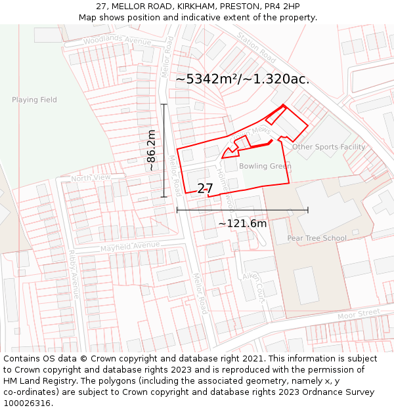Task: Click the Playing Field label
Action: (x=34, y=100)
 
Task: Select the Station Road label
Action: (x=256, y=45)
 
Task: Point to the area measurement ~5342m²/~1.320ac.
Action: (x=242, y=79)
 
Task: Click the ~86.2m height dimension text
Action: (x=152, y=151)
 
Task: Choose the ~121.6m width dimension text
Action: (x=242, y=224)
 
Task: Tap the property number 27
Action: (x=205, y=188)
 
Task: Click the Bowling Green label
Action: (x=265, y=167)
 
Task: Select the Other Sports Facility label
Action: (x=328, y=147)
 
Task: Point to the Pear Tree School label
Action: (x=317, y=238)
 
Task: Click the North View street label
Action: (x=91, y=178)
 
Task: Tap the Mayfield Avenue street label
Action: (x=130, y=247)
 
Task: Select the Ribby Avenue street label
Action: (x=74, y=274)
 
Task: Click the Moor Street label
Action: (x=359, y=314)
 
